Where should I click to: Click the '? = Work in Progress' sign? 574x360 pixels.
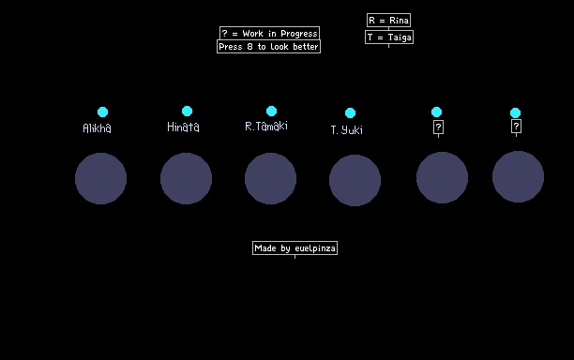pos(270,34)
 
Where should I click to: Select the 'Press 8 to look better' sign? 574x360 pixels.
pos(268,47)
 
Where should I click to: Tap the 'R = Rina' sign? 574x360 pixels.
pos(389,20)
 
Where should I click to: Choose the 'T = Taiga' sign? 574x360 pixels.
pos(389,37)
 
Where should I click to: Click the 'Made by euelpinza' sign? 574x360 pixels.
pos(295,248)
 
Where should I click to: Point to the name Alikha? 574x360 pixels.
pos(97,128)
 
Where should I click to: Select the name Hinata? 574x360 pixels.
pos(183,127)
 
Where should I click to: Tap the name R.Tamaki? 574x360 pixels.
pos(266,126)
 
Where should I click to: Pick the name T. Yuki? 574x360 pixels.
pos(347,130)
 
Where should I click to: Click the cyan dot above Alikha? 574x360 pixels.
pos(103,112)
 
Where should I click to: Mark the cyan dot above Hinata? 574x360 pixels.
pos(187,111)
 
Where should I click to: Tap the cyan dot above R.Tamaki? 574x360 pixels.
pos(271,111)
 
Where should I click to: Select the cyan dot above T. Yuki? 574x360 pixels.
pos(351,113)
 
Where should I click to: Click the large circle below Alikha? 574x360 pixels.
pos(100,178)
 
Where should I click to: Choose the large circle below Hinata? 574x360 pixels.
pos(186,178)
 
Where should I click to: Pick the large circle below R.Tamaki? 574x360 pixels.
pos(270,178)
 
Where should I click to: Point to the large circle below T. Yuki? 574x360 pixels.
pos(355,180)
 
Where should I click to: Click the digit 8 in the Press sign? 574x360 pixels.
pos(249,47)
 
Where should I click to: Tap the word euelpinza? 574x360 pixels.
pos(315,248)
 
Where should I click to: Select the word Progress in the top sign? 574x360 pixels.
pos(298,34)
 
